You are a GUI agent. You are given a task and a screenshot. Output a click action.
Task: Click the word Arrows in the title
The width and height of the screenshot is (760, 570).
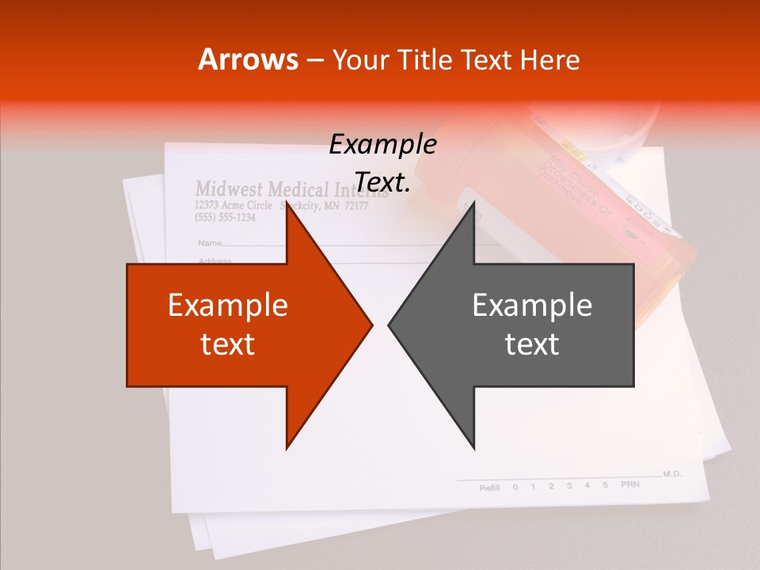(x=248, y=59)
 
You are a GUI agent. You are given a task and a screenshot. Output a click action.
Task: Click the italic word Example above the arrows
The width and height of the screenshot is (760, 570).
(x=382, y=145)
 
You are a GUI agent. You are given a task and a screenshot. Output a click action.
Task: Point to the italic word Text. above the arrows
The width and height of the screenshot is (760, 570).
(x=382, y=183)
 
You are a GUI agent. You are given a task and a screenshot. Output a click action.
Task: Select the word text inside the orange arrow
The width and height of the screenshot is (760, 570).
(x=227, y=344)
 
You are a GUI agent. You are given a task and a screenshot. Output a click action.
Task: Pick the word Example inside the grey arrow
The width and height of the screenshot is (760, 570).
(x=532, y=306)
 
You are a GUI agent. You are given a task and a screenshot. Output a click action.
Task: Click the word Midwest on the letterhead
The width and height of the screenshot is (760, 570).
(x=229, y=189)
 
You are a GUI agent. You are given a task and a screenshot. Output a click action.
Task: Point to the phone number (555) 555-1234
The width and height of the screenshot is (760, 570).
(x=225, y=218)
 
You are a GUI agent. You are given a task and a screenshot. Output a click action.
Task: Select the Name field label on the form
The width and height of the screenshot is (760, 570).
(x=209, y=242)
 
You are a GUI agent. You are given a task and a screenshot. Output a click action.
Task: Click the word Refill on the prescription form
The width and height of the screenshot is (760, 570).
(x=490, y=488)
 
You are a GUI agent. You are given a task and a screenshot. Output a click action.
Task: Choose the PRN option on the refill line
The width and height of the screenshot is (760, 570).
(x=629, y=484)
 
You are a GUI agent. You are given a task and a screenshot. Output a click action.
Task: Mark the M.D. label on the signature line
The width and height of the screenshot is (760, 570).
(x=672, y=473)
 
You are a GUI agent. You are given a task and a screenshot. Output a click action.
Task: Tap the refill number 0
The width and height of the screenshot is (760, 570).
(x=515, y=487)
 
